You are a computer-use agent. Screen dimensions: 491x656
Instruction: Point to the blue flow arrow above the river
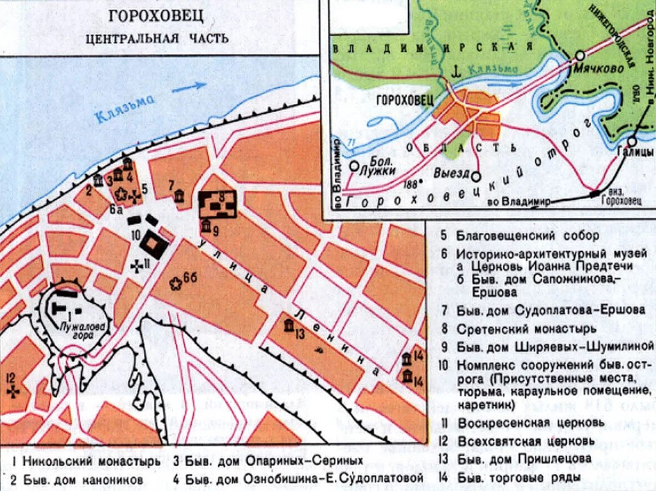189,87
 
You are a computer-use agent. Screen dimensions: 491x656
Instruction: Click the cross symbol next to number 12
12,391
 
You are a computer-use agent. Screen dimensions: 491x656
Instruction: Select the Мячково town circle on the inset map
580,56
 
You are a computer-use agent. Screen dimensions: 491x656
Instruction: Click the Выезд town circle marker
476,177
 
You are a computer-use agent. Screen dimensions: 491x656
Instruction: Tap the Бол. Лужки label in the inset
380,164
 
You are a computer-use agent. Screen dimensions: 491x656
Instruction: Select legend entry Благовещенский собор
528,236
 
